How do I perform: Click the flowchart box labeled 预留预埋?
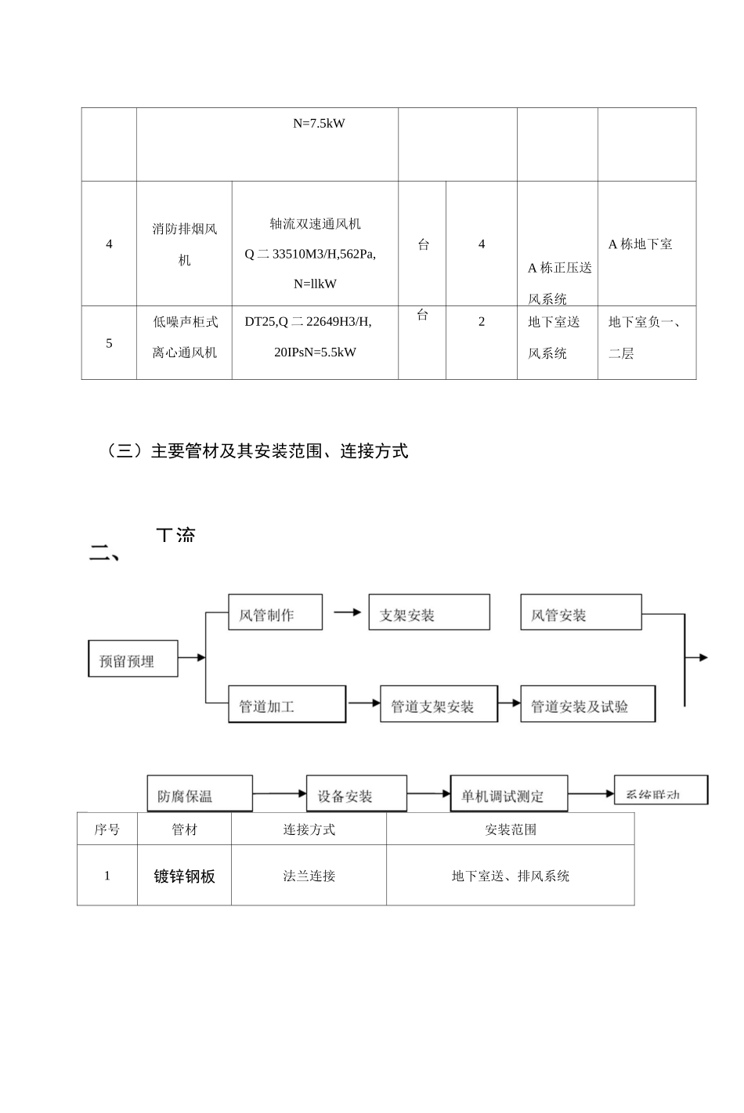[132, 659]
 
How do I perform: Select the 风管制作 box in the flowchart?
[275, 613]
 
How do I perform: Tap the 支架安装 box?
[429, 613]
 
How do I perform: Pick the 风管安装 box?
[580, 613]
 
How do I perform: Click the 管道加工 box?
[287, 704]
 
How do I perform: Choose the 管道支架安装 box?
[439, 704]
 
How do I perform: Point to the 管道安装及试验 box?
[587, 704]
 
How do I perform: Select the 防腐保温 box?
[200, 793]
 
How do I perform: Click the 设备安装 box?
[356, 794]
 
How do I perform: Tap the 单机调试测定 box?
[508, 794]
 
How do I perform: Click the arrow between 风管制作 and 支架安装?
[345, 613]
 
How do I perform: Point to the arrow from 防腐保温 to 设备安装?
[279, 794]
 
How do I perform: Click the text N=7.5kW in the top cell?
[319, 124]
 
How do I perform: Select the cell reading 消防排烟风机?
[184, 244]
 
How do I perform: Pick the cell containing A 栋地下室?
[640, 244]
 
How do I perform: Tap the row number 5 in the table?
[109, 343]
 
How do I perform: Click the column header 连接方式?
[309, 829]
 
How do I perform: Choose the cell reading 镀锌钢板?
[184, 876]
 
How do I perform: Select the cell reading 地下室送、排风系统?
[510, 876]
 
